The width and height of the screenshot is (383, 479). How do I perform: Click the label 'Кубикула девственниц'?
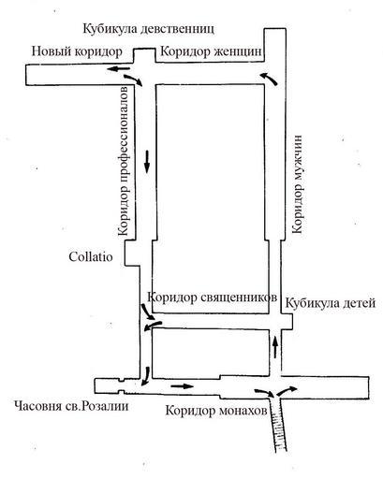tap(149, 29)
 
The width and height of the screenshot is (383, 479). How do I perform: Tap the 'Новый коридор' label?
tap(77, 51)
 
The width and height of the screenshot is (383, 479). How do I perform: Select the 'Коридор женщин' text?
tap(211, 51)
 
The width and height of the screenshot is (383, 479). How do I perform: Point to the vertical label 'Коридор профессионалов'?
tap(123, 161)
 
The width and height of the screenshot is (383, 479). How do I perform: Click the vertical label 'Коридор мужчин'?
tap(297, 184)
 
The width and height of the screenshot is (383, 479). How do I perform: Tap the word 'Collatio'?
tap(91, 257)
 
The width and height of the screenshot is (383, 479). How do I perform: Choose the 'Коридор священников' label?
tap(212, 298)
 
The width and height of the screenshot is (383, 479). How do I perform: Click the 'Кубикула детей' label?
tap(331, 303)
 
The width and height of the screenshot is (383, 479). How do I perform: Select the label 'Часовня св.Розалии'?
tap(71, 406)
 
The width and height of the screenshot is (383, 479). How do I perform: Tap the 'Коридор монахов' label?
tap(216, 411)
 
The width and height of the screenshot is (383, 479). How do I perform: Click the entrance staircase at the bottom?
tap(279, 424)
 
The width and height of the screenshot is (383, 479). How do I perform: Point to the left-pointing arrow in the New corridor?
tap(119, 68)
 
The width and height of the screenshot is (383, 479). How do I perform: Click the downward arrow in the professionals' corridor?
tap(147, 161)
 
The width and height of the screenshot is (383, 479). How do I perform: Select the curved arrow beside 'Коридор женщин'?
tap(270, 79)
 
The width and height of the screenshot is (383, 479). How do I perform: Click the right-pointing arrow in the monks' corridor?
tap(183, 386)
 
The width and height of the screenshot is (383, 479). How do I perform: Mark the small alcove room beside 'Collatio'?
tap(132, 253)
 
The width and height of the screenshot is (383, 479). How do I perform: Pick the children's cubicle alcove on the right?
tap(287, 322)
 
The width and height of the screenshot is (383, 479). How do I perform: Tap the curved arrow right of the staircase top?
tap(287, 390)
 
